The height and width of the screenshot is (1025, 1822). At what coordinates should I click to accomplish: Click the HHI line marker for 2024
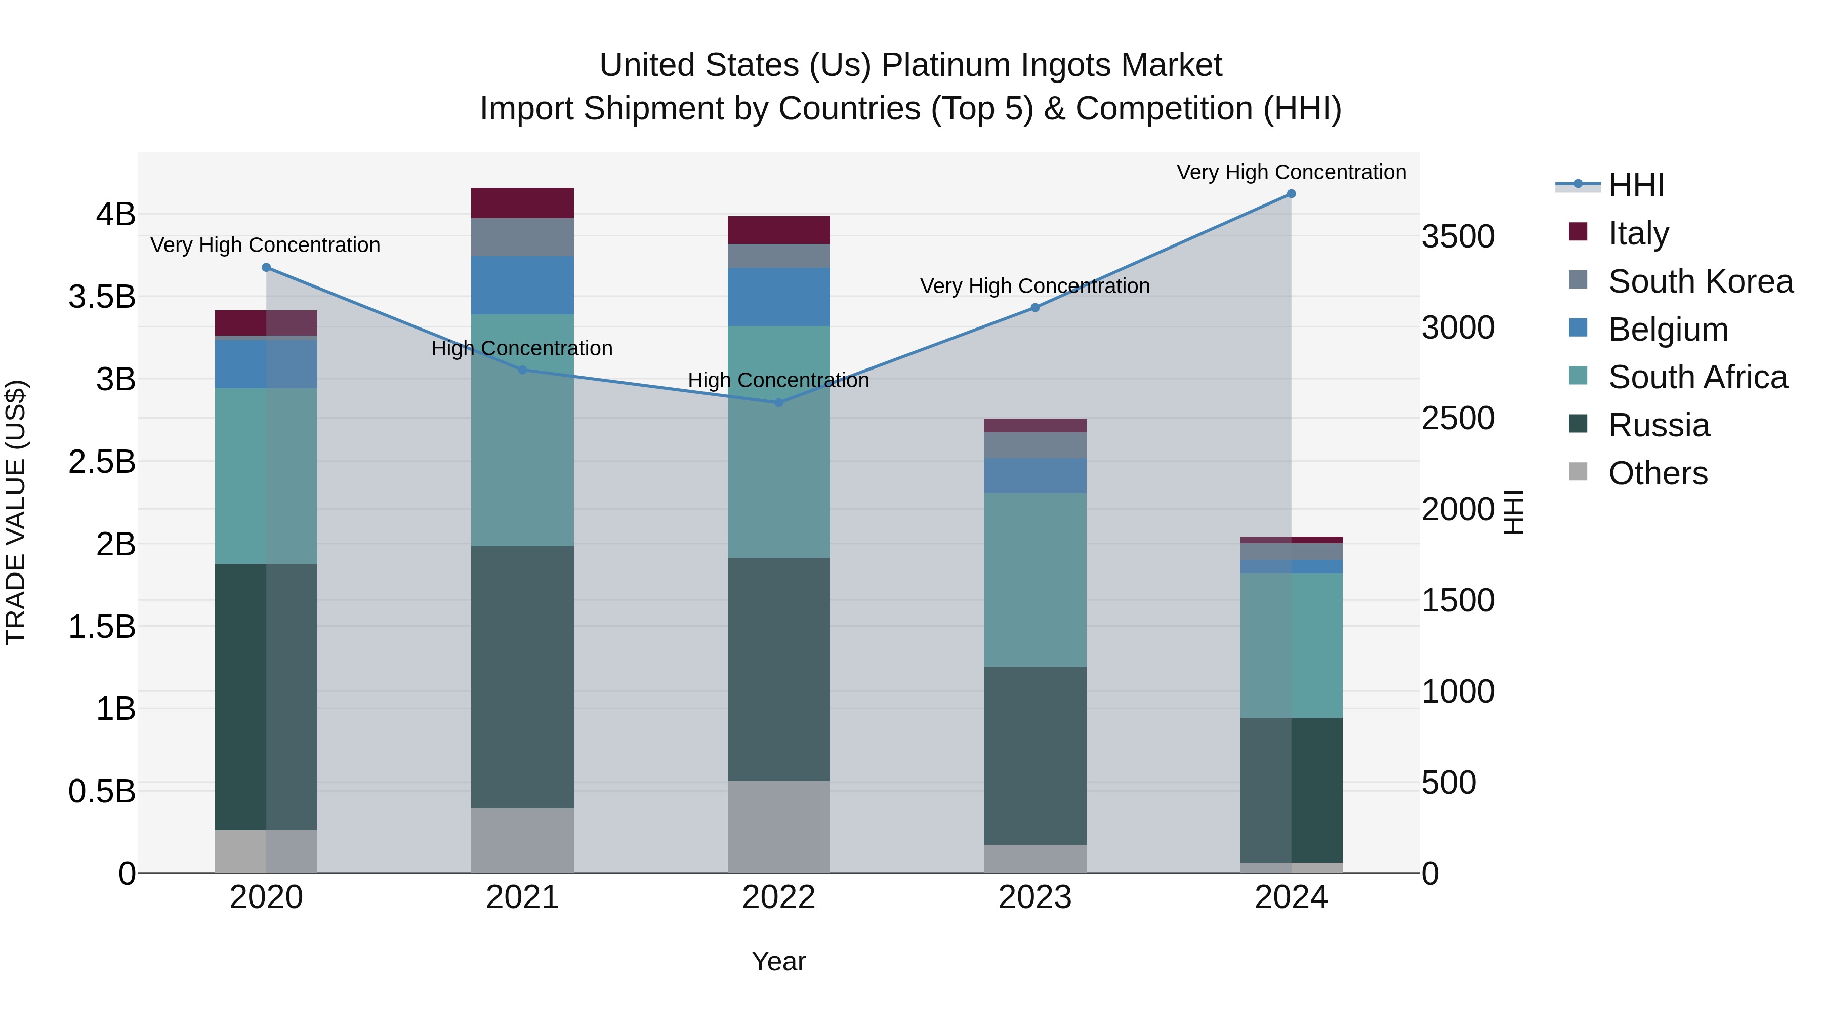[x=1291, y=194]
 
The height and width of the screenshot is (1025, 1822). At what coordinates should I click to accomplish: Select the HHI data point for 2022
[x=779, y=402]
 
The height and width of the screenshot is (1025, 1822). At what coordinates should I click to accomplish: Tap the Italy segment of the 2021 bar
[x=522, y=203]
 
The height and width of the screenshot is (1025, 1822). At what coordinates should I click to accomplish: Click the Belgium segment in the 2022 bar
[x=779, y=297]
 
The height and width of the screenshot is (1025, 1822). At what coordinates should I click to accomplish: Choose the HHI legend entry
[x=1636, y=185]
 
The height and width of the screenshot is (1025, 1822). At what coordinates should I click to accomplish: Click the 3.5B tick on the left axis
[x=102, y=297]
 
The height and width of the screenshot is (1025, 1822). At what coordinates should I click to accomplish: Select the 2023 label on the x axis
[x=1035, y=897]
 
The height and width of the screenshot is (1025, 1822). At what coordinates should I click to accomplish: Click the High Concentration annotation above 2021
[x=522, y=348]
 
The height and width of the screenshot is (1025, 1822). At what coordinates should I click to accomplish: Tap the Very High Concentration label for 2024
[x=1291, y=172]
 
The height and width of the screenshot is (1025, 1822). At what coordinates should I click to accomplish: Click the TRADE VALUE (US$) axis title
[x=16, y=512]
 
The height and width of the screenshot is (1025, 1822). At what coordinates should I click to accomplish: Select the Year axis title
[x=779, y=961]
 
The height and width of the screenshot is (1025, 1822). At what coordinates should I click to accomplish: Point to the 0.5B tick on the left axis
[x=102, y=791]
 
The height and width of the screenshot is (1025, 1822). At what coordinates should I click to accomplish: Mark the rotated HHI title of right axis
[x=1513, y=512]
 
